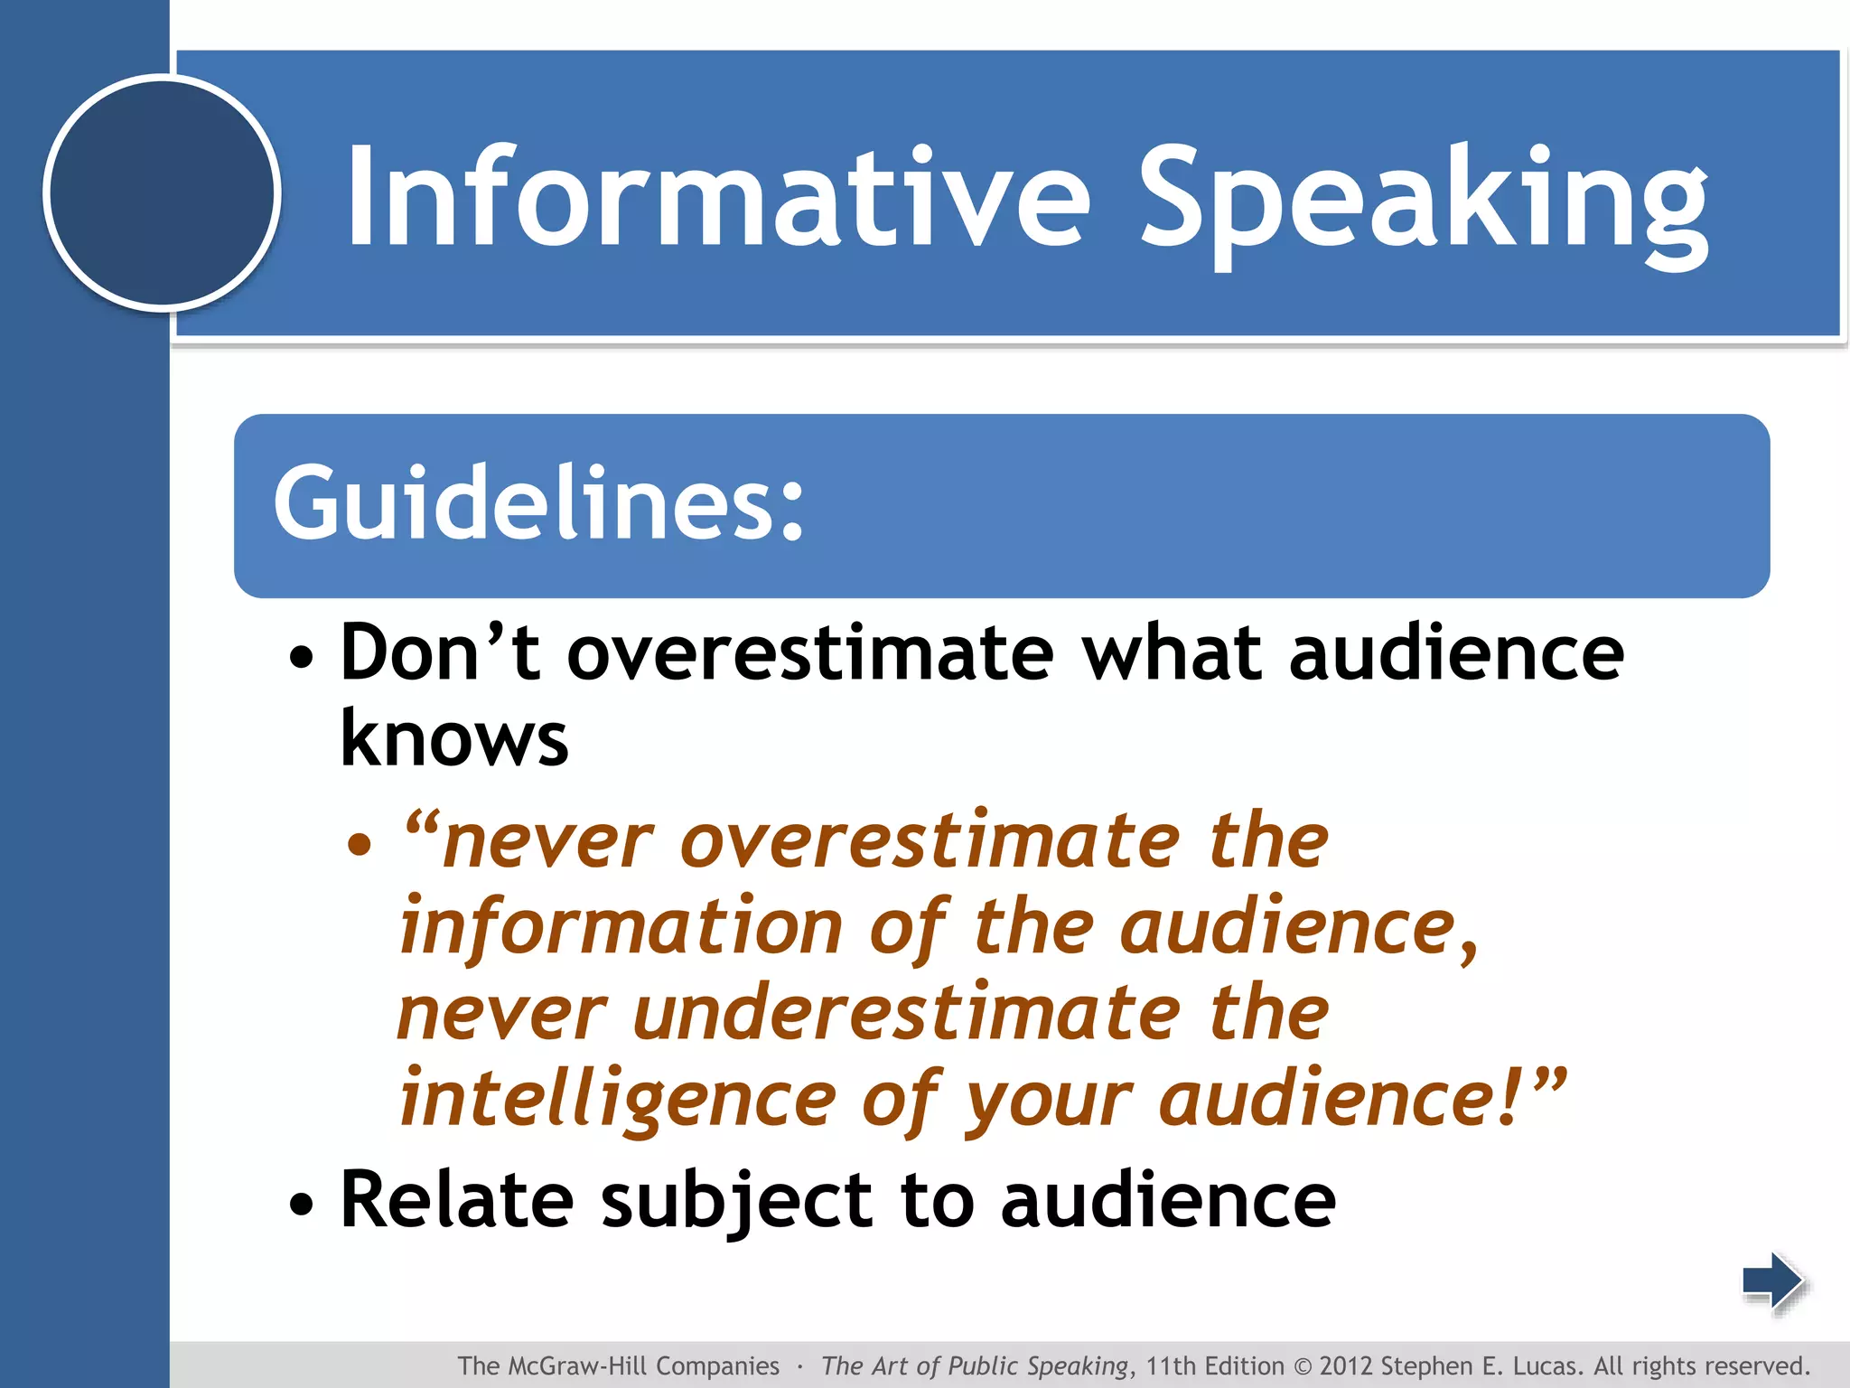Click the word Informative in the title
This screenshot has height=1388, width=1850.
718,197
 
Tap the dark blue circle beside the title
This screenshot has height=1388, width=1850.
163,192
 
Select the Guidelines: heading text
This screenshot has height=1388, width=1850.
538,503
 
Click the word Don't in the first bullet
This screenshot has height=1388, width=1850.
440,652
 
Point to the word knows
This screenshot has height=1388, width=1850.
453,738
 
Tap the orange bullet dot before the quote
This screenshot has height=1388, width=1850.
360,845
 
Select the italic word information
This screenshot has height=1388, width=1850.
621,928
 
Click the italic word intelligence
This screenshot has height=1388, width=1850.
618,1099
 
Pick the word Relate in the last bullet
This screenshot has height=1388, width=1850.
457,1200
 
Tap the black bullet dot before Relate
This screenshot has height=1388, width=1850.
302,1205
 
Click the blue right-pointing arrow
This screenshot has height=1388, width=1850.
1772,1280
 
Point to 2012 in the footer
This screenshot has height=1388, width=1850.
1346,1365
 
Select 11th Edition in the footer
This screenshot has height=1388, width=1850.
1214,1365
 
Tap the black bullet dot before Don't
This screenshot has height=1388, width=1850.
302,658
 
